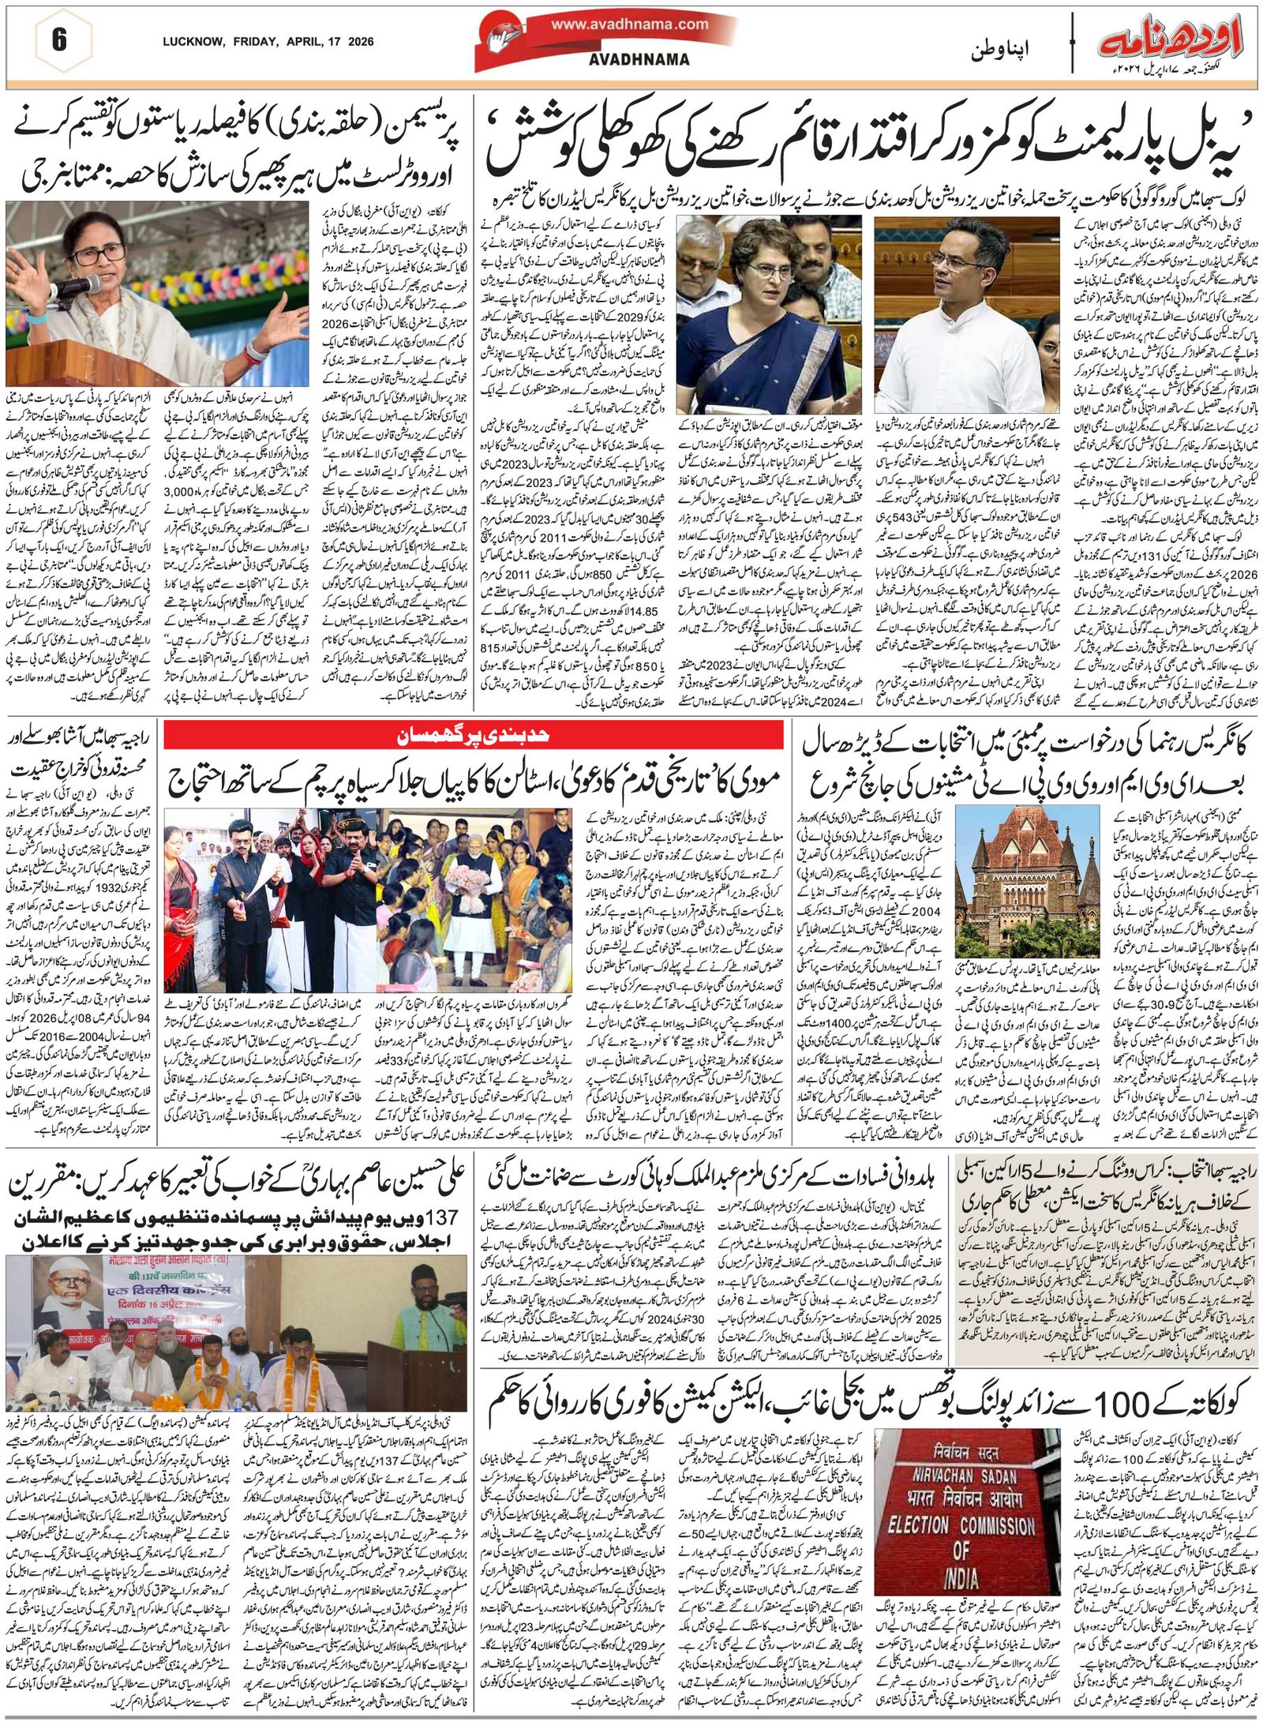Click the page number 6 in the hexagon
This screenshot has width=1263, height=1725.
(x=58, y=40)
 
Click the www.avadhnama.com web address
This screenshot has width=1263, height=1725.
(x=629, y=24)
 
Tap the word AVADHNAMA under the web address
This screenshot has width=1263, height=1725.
(x=639, y=59)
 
